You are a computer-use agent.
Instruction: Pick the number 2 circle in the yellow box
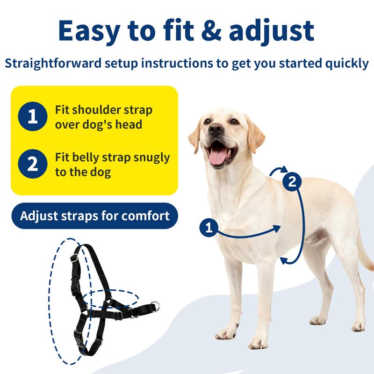[x=32, y=164]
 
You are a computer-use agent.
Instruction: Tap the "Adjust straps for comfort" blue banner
[x=94, y=216]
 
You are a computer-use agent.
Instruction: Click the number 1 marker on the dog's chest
[x=209, y=228]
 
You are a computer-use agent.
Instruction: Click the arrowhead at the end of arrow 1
[x=278, y=228]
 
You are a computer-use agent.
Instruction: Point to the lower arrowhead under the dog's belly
[x=284, y=260]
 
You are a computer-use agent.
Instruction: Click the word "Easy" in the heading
[x=95, y=30]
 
